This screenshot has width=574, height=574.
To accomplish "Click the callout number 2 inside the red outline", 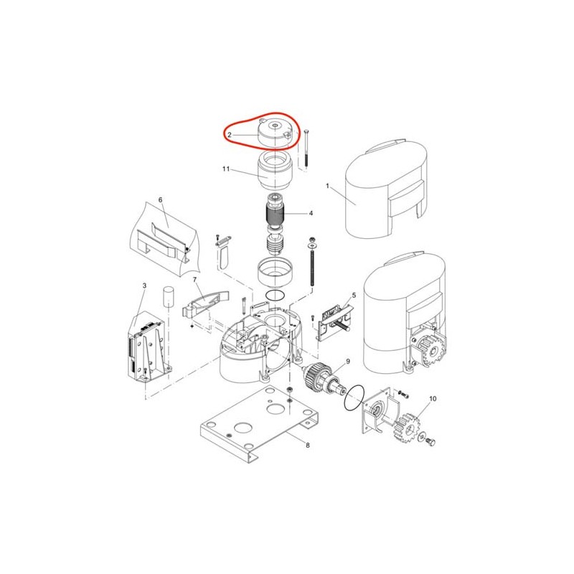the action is tap(230, 135).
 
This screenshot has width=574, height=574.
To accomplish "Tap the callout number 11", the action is tap(226, 169).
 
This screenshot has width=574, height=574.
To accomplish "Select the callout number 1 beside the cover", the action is tap(328, 186).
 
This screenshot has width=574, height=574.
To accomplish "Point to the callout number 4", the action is tap(311, 213).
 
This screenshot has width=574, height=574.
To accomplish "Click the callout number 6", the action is tap(160, 200).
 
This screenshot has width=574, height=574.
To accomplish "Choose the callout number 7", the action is tap(194, 280).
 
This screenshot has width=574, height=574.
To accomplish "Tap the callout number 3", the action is tap(145, 285).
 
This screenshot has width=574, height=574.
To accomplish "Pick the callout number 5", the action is tap(354, 295).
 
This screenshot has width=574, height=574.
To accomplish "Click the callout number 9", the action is tap(348, 362).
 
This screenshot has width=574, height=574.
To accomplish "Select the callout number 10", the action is tap(433, 399).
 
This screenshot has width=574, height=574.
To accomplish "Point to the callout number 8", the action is tap(308, 445).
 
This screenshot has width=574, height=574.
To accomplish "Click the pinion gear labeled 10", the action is tap(407, 427).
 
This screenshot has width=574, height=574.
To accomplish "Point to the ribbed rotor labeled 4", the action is tap(275, 217).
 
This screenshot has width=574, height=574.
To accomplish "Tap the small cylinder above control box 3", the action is tap(168, 296).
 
